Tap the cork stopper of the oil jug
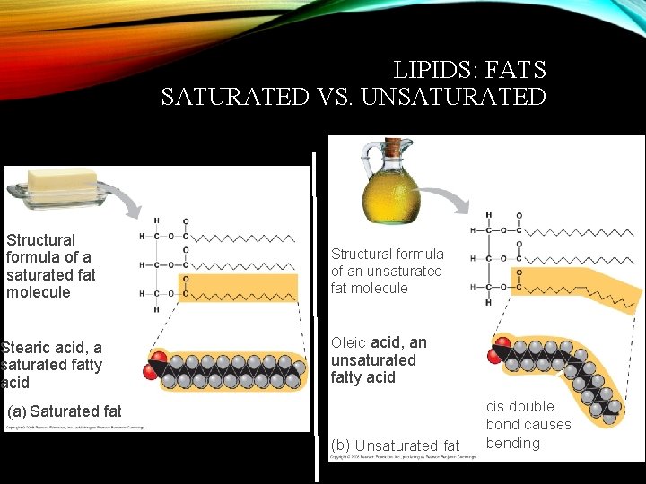click(x=392, y=146)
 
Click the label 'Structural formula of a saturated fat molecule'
click(x=50, y=266)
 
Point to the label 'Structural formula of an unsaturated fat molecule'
click(x=387, y=271)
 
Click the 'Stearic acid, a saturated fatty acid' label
click(x=52, y=365)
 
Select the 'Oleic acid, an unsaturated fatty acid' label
click(x=379, y=360)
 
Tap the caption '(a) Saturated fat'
click(x=64, y=412)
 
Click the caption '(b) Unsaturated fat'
click(x=395, y=445)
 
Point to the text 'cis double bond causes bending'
click(x=528, y=425)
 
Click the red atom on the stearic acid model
click(x=158, y=360)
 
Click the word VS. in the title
click(x=335, y=97)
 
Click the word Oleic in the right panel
click(x=349, y=343)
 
